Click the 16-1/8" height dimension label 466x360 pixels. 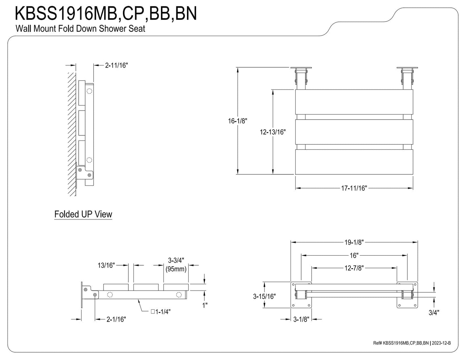pos(237,121)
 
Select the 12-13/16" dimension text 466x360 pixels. pos(273,132)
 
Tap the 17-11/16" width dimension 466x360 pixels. pos(354,188)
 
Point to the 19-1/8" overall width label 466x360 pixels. pos(354,242)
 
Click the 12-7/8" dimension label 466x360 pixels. pos(354,268)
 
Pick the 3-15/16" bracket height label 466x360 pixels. pos(264,297)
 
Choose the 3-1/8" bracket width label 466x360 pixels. pos(301,319)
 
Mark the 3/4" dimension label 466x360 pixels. pos(434,313)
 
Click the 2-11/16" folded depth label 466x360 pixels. pos(116,65)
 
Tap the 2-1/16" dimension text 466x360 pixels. pos(116,319)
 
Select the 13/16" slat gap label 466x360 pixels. pos(106,265)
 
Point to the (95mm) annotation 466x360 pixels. pos(176,269)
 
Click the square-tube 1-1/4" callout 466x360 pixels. pos(161,312)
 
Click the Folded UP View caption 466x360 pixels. pos(83,214)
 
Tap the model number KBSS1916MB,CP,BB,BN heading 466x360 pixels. pos(106,13)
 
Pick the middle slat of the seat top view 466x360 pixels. pos(354,132)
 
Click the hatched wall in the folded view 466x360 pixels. pos(72,134)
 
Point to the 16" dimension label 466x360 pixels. pos(354,256)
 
